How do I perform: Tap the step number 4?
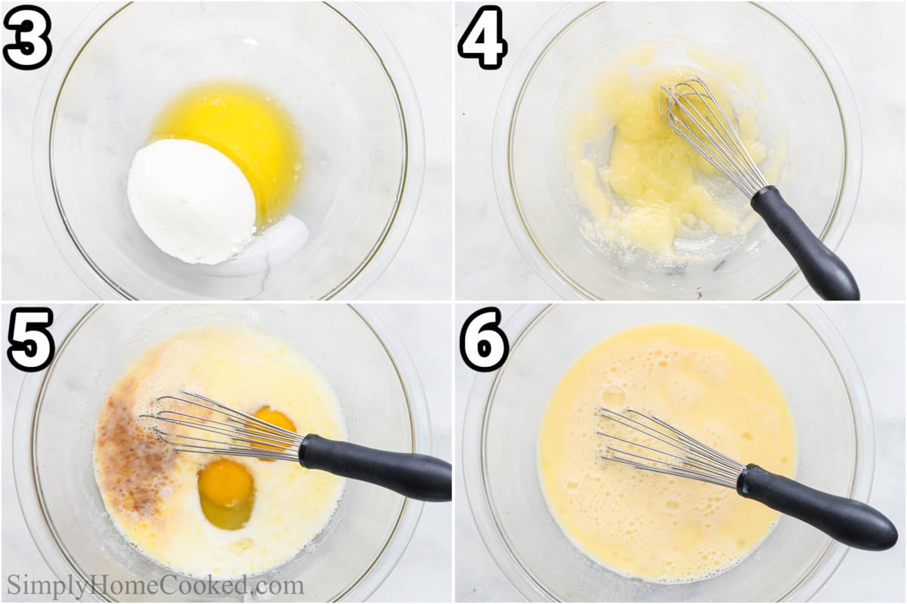[x=483, y=37]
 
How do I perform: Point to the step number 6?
[x=485, y=339]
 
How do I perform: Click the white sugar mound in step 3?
[x=192, y=201]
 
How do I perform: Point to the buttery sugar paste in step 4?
[x=656, y=166]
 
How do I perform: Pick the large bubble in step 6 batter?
[x=614, y=393]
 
